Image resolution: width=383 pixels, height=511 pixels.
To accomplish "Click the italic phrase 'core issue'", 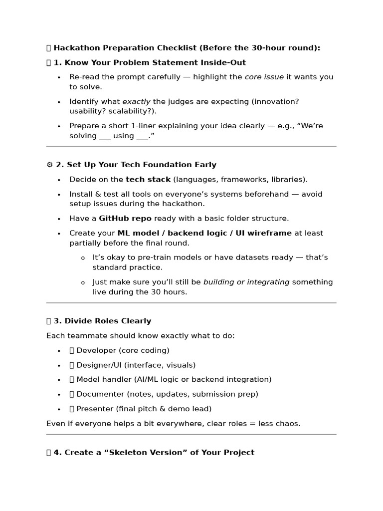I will [264, 77].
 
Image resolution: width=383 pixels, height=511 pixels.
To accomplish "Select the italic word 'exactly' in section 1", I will [136, 101].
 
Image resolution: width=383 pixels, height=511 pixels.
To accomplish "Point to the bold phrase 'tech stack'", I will [148, 179].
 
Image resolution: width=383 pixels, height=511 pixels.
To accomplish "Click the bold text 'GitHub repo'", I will [125, 218].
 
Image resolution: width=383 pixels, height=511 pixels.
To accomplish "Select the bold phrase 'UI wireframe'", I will [267, 233].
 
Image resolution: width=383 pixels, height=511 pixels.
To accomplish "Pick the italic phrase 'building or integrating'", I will [246, 282].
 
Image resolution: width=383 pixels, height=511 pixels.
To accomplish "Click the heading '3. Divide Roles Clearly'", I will [102, 321].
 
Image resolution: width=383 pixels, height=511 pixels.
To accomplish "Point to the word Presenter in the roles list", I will [95, 409].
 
